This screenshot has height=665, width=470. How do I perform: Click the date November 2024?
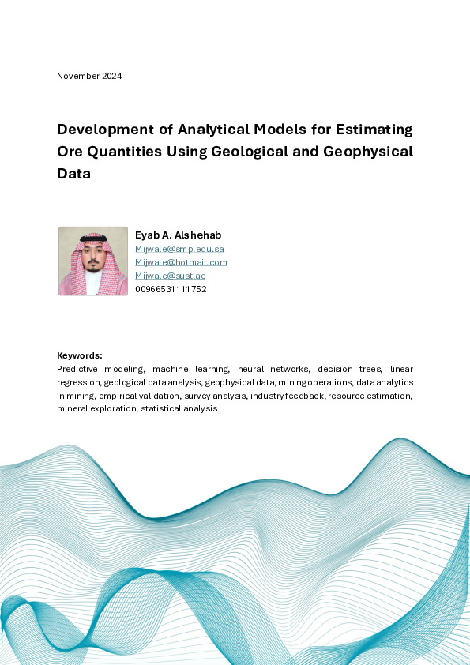tap(89, 76)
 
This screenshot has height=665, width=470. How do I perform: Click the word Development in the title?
tap(104, 130)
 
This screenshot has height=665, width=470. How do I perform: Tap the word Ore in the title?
tap(72, 152)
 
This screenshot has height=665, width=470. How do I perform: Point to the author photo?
tap(93, 261)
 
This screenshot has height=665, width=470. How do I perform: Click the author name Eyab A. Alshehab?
tap(179, 235)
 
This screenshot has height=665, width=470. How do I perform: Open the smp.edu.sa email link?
tap(179, 249)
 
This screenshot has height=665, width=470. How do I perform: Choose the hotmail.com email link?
tap(181, 262)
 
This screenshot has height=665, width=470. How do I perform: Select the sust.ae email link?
tap(171, 276)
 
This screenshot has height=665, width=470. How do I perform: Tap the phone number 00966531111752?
tap(171, 289)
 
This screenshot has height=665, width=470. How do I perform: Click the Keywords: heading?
tap(80, 356)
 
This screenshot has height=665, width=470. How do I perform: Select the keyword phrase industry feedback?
tap(287, 396)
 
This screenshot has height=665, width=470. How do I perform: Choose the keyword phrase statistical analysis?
tap(179, 409)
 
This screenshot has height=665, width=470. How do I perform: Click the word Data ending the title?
tap(73, 174)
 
